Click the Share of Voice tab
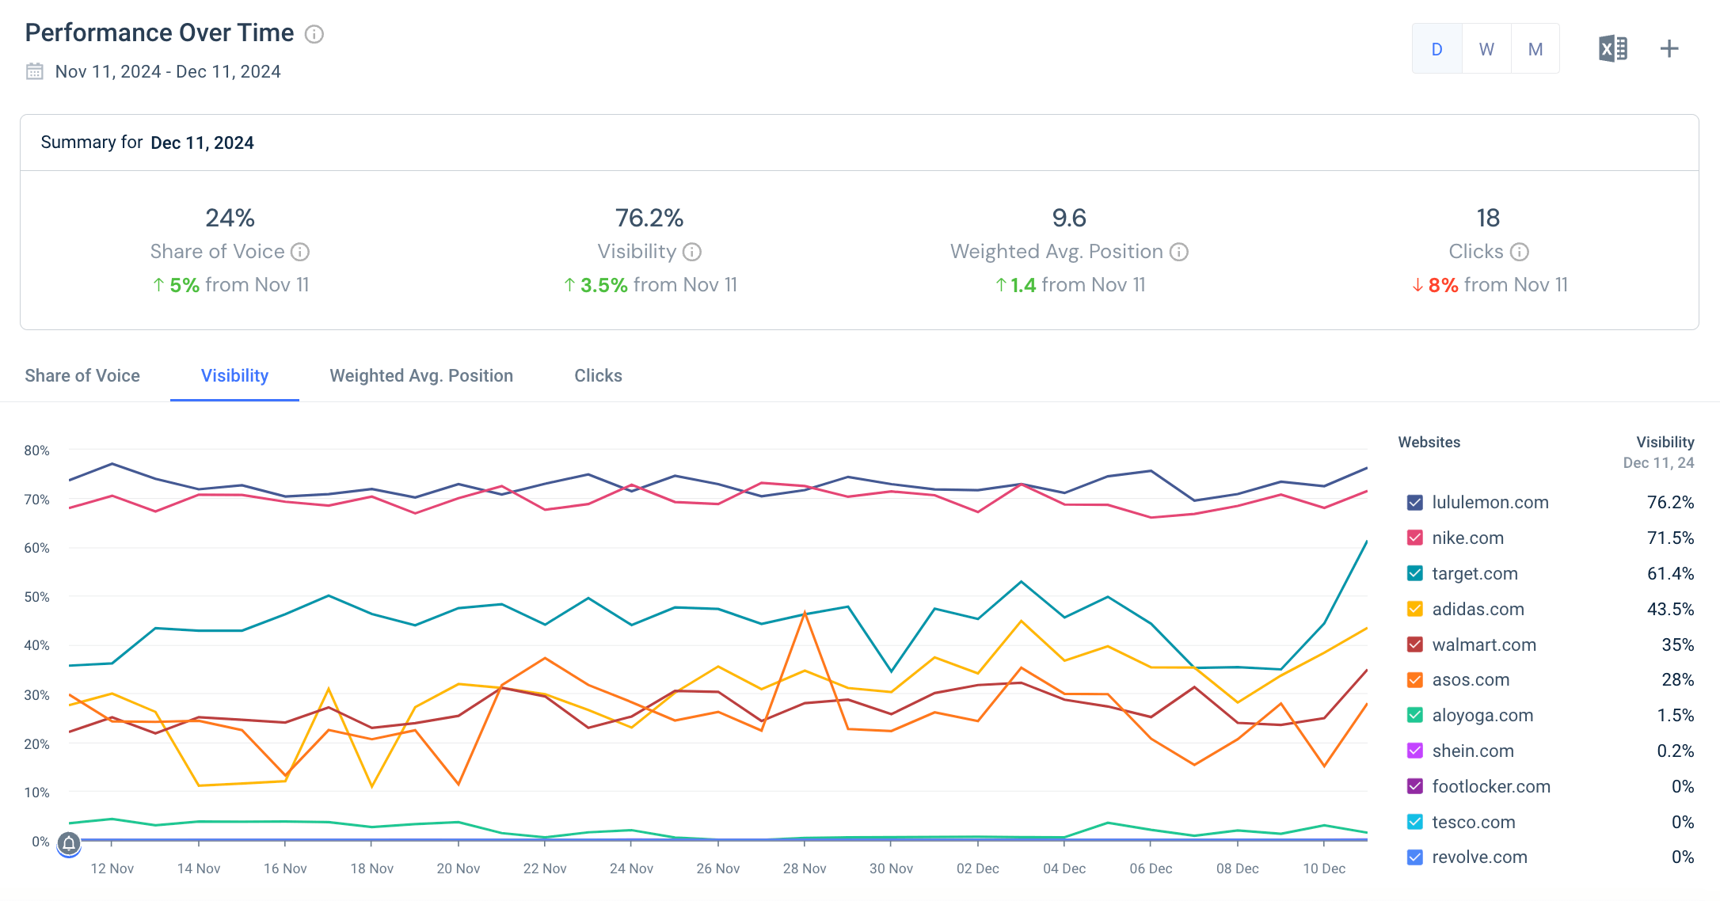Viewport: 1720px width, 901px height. (x=82, y=376)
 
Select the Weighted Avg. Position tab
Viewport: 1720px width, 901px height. (x=421, y=376)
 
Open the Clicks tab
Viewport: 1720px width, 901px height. (x=598, y=376)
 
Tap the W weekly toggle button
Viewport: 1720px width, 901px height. (x=1486, y=49)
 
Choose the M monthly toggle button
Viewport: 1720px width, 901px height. (x=1535, y=49)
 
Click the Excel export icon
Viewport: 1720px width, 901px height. (x=1613, y=49)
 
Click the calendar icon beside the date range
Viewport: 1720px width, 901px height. (x=35, y=71)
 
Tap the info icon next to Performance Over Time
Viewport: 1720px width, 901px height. (x=314, y=34)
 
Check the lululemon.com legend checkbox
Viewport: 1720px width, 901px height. (x=1415, y=503)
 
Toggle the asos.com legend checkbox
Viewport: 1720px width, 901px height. (x=1415, y=680)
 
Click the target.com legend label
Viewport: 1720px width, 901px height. (x=1475, y=574)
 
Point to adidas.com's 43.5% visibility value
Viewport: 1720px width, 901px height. (x=1670, y=610)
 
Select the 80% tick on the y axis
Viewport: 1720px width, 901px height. (x=36, y=450)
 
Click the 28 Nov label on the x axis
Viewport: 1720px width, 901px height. (x=805, y=869)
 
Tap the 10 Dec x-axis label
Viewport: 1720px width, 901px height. (x=1324, y=869)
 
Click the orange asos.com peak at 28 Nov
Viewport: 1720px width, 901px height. (x=805, y=612)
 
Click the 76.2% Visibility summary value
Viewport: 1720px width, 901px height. (x=649, y=218)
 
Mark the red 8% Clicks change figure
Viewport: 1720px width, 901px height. (x=1443, y=285)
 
